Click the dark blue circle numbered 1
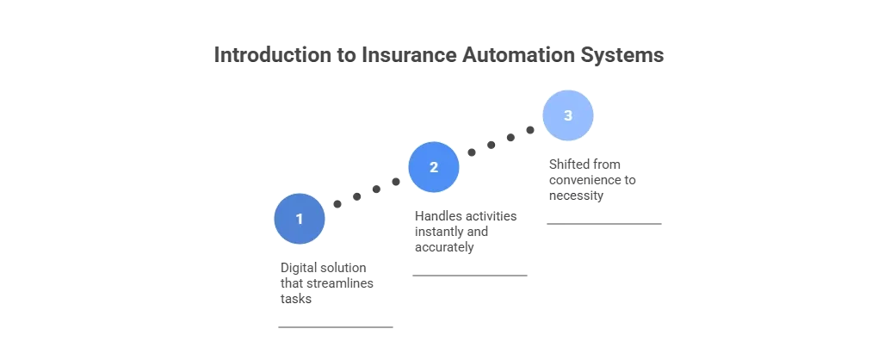(x=300, y=219)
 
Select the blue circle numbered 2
(x=434, y=167)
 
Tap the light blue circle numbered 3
(x=567, y=115)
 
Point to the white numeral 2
(x=434, y=167)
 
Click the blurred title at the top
(x=440, y=54)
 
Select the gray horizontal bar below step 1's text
(x=337, y=327)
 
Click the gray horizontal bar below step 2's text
(x=467, y=276)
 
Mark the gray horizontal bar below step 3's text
(x=606, y=224)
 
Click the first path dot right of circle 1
(x=337, y=205)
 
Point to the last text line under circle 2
(x=444, y=247)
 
